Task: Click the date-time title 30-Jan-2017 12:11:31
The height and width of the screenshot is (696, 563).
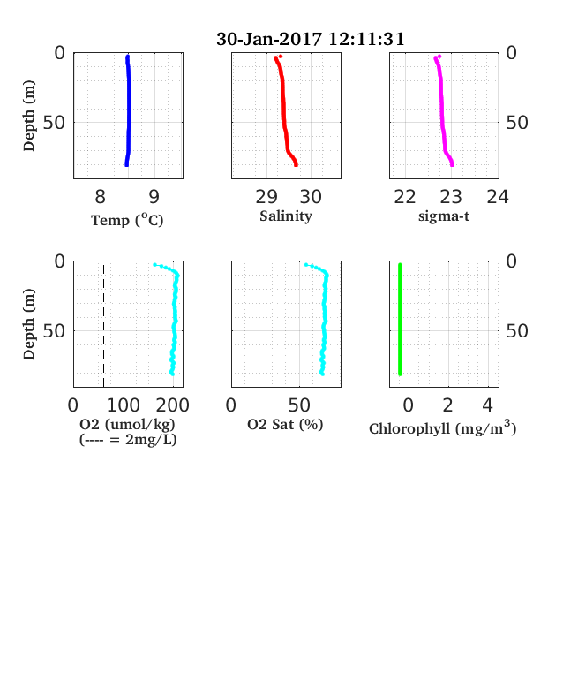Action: pos(311,39)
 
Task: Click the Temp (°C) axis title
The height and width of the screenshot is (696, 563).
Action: pos(127,220)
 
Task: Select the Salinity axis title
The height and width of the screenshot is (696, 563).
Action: pos(286,216)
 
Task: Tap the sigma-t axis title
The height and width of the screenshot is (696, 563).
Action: pos(444,216)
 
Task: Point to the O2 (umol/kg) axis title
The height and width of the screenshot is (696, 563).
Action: pos(128,424)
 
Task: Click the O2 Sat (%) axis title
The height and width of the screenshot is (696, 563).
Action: pos(285,424)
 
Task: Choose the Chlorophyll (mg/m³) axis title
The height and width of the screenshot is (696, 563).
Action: pos(442,427)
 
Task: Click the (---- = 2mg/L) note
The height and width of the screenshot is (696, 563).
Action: pos(128,440)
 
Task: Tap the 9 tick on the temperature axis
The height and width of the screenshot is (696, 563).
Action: pos(154,197)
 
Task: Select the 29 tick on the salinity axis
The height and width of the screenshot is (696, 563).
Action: pos(266,197)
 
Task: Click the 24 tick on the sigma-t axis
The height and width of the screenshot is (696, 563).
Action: pos(498,197)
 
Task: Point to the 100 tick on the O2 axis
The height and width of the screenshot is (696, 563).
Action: pos(124,405)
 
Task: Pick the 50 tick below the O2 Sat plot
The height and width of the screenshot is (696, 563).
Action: pos(299,405)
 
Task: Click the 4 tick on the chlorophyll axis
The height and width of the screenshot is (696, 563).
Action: pos(488,405)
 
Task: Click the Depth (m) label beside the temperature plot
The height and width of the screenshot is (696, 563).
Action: pos(29,116)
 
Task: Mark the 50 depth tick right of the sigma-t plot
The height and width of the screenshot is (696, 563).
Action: pos(517,123)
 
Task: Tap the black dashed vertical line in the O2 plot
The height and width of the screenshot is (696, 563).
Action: pos(104,326)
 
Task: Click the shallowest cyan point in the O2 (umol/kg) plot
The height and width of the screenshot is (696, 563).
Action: pos(154,265)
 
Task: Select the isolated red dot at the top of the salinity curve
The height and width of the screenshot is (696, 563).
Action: pos(280,57)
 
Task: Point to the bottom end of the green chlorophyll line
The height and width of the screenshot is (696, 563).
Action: pos(400,374)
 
